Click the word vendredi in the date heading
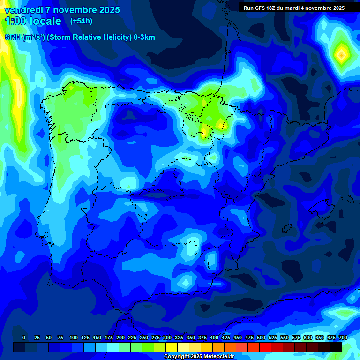pyautogui.click(x=23, y=10)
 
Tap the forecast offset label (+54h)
pyautogui.click(x=81, y=21)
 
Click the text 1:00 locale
pyautogui.click(x=33, y=21)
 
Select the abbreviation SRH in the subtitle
pyautogui.click(x=13, y=37)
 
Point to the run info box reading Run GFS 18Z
pyautogui.click(x=293, y=7)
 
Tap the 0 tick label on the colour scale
pyautogui.click(x=24, y=337)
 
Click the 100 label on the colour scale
pyautogui.click(x=73, y=337)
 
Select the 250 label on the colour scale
pyautogui.click(x=143, y=337)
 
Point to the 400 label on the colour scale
pyautogui.click(x=214, y=337)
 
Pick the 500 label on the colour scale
pyautogui.click(x=261, y=337)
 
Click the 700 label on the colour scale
pyautogui.click(x=343, y=337)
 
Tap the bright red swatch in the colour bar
pyautogui.click(x=265, y=347)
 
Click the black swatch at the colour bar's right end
pyautogui.click(x=336, y=347)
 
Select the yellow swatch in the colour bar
pyautogui.click(x=172, y=347)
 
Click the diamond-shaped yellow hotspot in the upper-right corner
pyautogui.click(x=341, y=55)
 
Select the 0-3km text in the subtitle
pyautogui.click(x=144, y=37)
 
